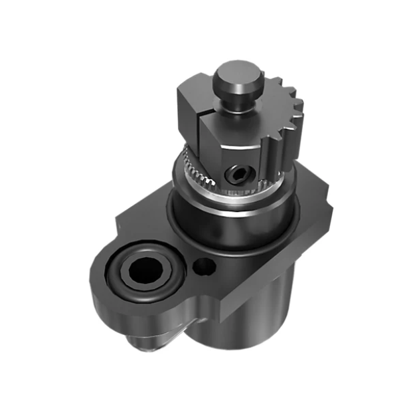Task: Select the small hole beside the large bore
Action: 204,266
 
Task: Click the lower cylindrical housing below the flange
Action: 259,312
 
